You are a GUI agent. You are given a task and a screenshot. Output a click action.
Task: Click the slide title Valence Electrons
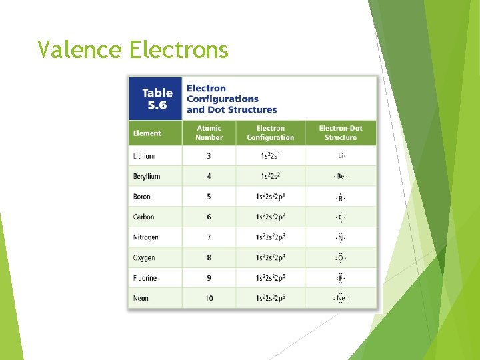pyautogui.click(x=133, y=49)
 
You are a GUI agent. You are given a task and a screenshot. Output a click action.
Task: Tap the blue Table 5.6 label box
pyautogui.click(x=157, y=99)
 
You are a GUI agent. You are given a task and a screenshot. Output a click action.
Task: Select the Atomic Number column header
pyautogui.click(x=209, y=133)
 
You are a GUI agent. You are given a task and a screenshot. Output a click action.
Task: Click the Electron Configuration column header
pyautogui.click(x=270, y=133)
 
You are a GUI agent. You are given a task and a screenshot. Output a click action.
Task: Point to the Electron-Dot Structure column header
pyautogui.click(x=341, y=133)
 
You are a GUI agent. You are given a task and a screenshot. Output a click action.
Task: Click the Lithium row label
pyautogui.click(x=144, y=156)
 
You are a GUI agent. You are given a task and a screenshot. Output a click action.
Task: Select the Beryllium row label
pyautogui.click(x=147, y=177)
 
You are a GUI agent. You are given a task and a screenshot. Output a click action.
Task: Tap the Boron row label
pyautogui.click(x=142, y=197)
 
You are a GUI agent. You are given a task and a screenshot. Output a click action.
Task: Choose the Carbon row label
pyautogui.click(x=143, y=217)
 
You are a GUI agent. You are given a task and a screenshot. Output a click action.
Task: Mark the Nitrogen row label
pyautogui.click(x=145, y=237)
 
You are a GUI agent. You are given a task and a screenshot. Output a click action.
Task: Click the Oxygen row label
pyautogui.click(x=144, y=258)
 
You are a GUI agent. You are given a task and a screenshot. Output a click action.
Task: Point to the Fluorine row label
pyautogui.click(x=145, y=278)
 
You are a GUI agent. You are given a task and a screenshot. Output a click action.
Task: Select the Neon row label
pyautogui.click(x=141, y=299)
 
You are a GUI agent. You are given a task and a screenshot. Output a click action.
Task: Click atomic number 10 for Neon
pyautogui.click(x=209, y=299)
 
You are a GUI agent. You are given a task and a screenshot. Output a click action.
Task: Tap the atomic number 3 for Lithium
pyautogui.click(x=209, y=156)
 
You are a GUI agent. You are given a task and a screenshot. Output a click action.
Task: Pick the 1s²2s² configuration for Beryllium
pyautogui.click(x=270, y=177)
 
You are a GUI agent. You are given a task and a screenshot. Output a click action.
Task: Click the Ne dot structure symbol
pyautogui.click(x=341, y=298)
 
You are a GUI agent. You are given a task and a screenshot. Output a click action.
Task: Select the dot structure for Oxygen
pyautogui.click(x=341, y=258)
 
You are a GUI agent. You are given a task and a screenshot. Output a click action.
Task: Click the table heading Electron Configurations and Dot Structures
pyautogui.click(x=231, y=99)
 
